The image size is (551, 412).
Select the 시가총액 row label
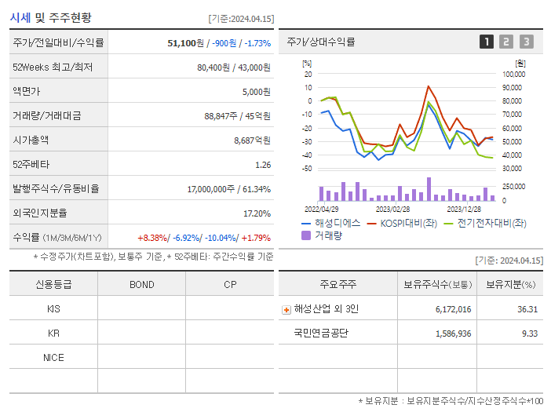[31, 140]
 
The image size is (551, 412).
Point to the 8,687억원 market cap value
[252, 140]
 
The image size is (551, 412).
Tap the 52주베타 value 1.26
[263, 165]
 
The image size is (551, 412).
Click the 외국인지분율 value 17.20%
[257, 213]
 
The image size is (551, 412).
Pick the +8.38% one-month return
[152, 238]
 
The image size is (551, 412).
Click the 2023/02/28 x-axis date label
[392, 210]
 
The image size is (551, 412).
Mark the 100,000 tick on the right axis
[513, 74]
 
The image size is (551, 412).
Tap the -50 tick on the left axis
[306, 169]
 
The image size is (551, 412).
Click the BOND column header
[142, 284]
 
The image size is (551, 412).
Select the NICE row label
[53, 357]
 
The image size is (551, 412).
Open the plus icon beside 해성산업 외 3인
[286, 309]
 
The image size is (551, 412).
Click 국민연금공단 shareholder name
[321, 333]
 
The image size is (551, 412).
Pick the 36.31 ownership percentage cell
[527, 309]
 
